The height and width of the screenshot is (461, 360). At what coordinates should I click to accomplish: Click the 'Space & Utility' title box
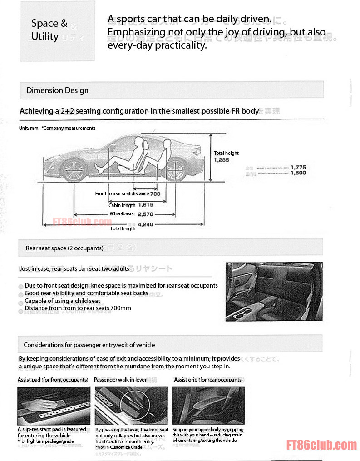pos(58,30)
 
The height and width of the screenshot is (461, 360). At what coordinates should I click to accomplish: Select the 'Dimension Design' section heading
pos(57,90)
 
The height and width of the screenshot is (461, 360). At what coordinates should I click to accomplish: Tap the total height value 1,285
pos(222,160)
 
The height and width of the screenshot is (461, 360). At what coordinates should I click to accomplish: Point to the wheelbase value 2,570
pos(145,214)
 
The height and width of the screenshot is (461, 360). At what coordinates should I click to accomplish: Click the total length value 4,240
pos(145,224)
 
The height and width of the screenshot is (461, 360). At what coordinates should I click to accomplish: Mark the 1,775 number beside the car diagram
pos(298,167)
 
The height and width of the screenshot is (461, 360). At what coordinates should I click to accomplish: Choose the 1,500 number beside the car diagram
pos(298,173)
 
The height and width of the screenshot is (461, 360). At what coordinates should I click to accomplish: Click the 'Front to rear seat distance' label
pos(122,194)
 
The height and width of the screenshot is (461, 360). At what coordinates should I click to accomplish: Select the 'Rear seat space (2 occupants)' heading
pos(64,248)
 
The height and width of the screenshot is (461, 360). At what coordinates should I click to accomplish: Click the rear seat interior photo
pos(274,291)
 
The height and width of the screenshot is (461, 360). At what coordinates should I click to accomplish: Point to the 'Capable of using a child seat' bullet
pos(62,301)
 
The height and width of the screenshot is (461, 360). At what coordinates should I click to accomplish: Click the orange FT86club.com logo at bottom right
pos(321,445)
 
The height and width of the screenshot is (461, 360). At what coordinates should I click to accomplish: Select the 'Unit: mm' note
pos(29,129)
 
